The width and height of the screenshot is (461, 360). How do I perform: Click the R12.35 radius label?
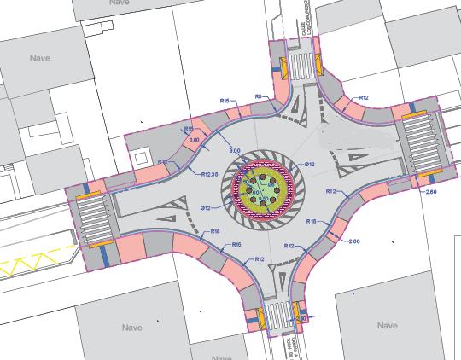(x=208, y=175)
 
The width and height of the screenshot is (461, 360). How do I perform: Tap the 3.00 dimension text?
(x=194, y=139)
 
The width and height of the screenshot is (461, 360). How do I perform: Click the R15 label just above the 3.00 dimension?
(x=190, y=128)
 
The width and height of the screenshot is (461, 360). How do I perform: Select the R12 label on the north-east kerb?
(x=364, y=98)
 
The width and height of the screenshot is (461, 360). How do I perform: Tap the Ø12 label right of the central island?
(x=310, y=165)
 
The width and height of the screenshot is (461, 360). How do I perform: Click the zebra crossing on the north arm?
(x=300, y=66)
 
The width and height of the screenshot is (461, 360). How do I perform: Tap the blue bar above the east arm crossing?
(x=415, y=111)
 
